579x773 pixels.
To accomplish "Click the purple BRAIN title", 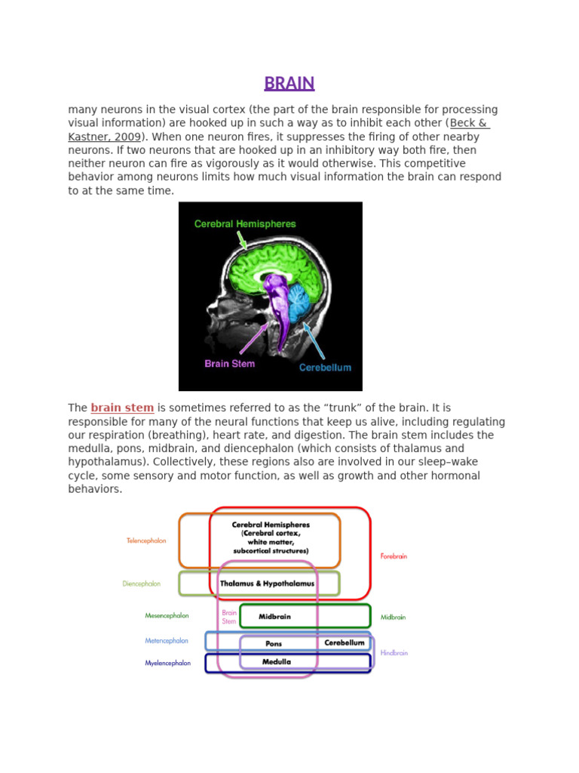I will click(289, 83).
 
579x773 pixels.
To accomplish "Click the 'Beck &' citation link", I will click(470, 123).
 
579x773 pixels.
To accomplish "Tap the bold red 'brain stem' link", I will click(122, 408).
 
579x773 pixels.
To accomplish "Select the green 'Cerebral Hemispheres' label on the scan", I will click(245, 224).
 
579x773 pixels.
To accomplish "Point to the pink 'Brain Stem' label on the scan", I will click(229, 364).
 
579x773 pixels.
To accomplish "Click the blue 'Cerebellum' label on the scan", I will click(325, 368).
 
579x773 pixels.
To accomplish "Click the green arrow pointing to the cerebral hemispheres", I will click(242, 240).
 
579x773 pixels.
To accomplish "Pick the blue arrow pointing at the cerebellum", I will click(314, 342).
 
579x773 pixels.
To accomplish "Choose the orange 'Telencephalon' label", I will click(146, 540).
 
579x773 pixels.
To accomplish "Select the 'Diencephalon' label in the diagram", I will click(141, 584).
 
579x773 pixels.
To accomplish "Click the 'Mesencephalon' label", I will click(167, 616).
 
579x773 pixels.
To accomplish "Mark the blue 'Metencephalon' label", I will click(167, 641).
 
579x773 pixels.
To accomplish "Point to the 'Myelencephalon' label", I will click(167, 664).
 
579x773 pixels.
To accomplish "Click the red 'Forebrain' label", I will click(394, 556).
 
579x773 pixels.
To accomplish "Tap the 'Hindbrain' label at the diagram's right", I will click(394, 653).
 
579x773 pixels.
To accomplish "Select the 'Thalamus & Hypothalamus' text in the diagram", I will click(267, 584).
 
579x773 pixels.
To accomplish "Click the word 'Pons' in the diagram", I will click(274, 644).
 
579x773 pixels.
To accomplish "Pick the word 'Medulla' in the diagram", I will click(277, 662).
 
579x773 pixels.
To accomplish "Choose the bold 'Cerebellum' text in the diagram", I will click(344, 643).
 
